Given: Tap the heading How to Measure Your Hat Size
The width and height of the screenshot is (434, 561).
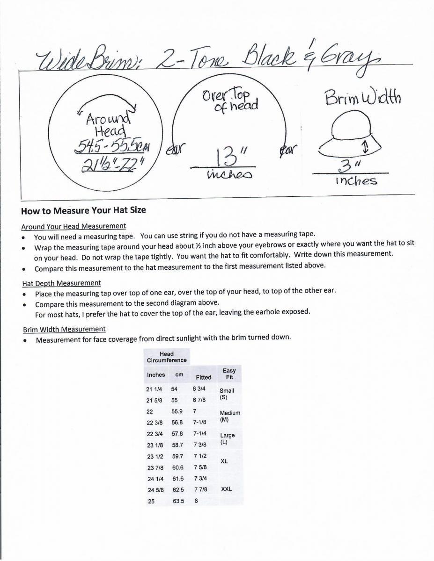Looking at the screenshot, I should [x=83, y=210].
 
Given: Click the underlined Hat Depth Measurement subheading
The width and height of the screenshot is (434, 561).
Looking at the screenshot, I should [x=61, y=283].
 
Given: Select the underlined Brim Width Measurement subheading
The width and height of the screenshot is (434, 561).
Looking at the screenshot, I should [x=64, y=329].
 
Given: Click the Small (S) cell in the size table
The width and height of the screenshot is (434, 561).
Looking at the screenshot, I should [x=227, y=394].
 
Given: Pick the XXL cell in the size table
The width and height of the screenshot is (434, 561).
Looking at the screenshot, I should [x=226, y=489].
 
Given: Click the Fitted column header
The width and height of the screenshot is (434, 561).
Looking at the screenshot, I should [x=203, y=377].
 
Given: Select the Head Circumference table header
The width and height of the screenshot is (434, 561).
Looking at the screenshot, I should [x=166, y=357].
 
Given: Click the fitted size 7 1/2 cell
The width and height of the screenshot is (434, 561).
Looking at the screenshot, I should [x=199, y=456].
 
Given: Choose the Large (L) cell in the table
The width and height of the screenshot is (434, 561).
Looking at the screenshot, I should [x=227, y=439].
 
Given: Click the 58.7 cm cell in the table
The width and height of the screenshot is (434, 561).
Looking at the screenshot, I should [x=178, y=445].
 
